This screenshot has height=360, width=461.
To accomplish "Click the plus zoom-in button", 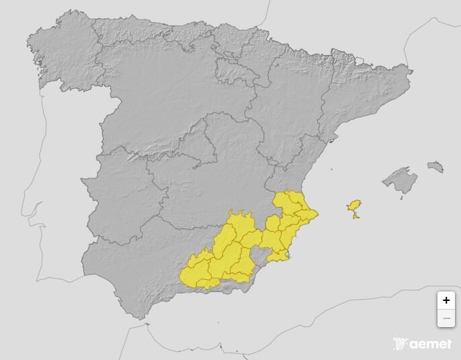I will coord(446,300).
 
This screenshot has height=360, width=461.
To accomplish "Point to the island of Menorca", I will coord(435,166).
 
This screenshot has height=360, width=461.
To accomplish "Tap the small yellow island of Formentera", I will coord(355,216).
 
